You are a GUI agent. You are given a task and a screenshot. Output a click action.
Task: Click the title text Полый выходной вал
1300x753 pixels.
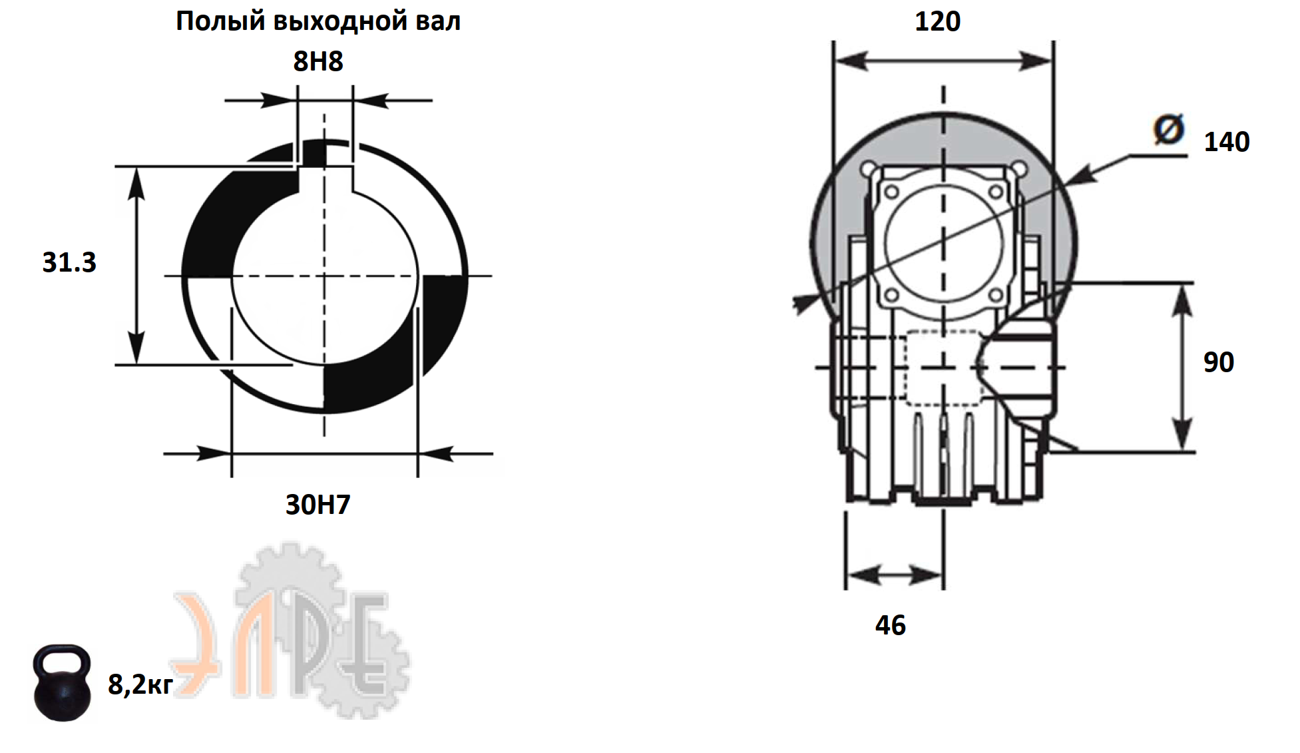(x=318, y=22)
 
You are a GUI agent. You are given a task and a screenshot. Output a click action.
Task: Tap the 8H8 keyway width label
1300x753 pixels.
(x=318, y=61)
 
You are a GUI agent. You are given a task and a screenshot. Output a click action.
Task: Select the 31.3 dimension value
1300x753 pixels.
(x=69, y=262)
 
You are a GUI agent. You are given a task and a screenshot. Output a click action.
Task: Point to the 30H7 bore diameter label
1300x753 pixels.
(x=318, y=505)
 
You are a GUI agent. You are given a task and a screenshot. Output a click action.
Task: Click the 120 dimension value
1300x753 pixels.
(x=937, y=22)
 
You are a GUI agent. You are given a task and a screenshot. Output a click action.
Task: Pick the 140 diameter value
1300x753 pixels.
(x=1227, y=142)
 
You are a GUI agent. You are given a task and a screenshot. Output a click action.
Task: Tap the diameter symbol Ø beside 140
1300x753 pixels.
(x=1169, y=129)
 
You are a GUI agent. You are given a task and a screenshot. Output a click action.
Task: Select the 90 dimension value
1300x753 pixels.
(x=1219, y=362)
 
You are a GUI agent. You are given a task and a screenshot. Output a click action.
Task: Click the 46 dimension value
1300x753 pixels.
(x=891, y=625)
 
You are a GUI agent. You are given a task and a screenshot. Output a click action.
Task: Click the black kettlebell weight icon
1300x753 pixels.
(x=62, y=683)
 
